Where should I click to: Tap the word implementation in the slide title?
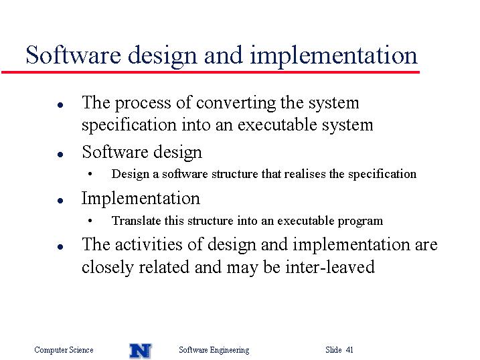(333, 57)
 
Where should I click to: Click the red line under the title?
(210, 72)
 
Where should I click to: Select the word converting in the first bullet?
(236, 103)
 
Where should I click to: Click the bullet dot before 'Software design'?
(60, 154)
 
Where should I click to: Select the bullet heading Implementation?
(141, 199)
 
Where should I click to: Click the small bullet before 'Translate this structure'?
(90, 221)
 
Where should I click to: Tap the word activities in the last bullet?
(149, 244)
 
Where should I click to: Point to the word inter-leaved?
(330, 267)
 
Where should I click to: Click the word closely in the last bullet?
(108, 268)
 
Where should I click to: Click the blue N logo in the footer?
(140, 351)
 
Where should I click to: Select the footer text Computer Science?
(64, 349)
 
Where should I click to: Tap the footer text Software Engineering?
(214, 350)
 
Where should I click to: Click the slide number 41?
(349, 349)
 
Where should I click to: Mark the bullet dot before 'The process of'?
(60, 105)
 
